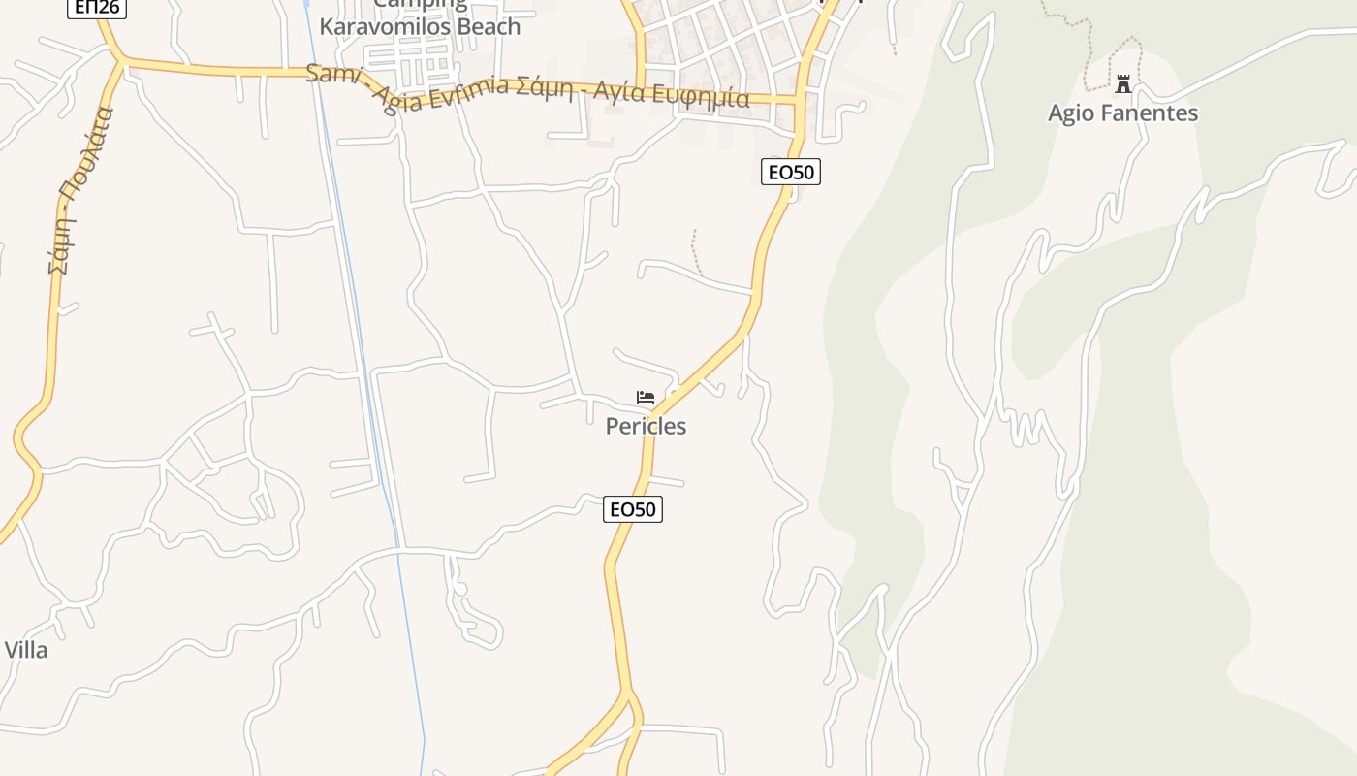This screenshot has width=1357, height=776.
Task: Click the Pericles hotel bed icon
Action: [646, 398]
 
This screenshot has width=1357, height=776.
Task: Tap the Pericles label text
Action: [646, 426]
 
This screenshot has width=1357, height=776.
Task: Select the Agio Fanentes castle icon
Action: [1123, 84]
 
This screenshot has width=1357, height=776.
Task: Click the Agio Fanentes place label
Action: [1122, 113]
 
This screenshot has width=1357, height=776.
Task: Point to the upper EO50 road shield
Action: [791, 173]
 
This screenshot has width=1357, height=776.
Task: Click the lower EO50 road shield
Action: [633, 509]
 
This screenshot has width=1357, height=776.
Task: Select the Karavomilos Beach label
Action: [420, 26]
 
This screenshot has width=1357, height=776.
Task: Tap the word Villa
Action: [26, 650]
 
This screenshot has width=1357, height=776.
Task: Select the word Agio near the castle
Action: [1070, 113]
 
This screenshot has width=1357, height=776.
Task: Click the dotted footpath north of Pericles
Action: [695, 252]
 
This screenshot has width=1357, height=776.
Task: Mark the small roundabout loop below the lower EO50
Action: [460, 589]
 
